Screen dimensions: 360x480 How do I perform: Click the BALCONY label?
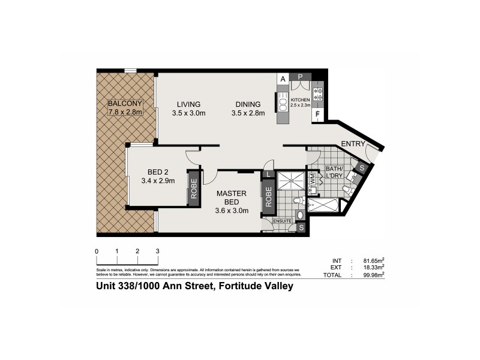pos(125,103)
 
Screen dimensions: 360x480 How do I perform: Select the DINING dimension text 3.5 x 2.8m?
pos(248,113)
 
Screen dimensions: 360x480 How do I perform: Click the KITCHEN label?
pos(300,99)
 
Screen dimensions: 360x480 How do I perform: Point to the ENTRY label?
pos(353,143)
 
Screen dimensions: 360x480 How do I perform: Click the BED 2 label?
pos(157,171)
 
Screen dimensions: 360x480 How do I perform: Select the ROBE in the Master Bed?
pos(268,197)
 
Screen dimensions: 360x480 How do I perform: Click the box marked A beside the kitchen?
pos(282,77)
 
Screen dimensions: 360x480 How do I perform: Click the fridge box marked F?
pos(317,115)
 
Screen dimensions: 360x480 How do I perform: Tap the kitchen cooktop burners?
pos(319,94)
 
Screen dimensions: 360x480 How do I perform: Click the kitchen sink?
pos(283,103)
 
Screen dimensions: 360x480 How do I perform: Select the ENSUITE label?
pos(282,221)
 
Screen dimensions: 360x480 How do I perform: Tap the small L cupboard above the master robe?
pos(267,175)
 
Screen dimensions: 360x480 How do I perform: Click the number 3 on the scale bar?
pos(157,250)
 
